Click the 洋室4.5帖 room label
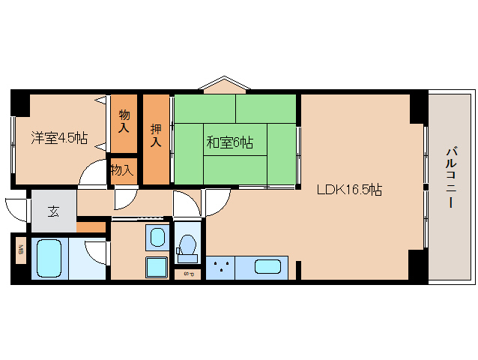coord(59,138)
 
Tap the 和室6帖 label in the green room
coord(229,142)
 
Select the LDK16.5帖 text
coord(349,190)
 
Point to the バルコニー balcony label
coord(451,178)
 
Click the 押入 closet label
coord(156,136)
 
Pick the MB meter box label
coord(21,250)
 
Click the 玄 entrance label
coord(54,211)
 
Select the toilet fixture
coord(187,248)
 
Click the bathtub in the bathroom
coord(49,258)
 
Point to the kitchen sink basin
coord(267,267)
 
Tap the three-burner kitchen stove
coord(220,268)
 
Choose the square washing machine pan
coord(157,267)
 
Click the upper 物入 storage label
coord(124,121)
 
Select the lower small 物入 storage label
coord(122,170)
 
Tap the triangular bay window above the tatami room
coord(225,85)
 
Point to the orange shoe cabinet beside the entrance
coord(91,227)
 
